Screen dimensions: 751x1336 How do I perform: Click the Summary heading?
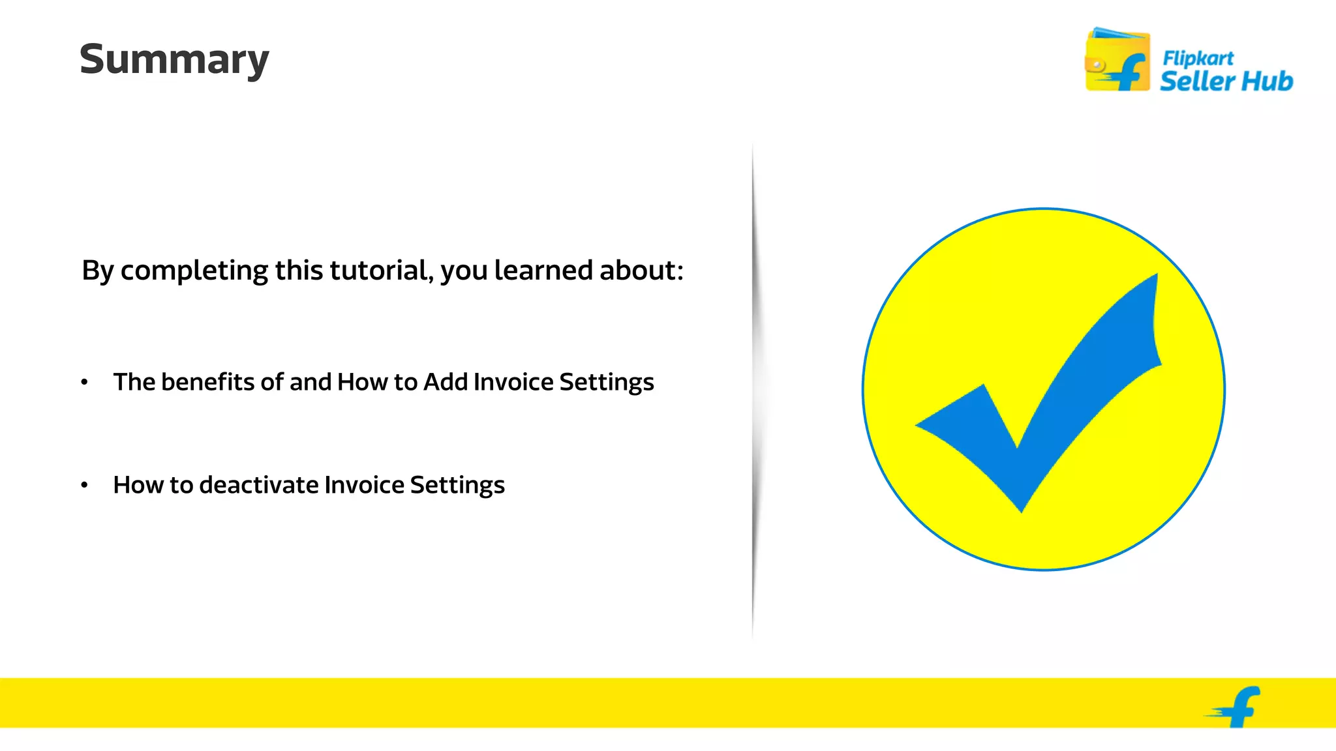point(174,60)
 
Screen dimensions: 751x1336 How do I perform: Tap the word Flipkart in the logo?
point(1198,59)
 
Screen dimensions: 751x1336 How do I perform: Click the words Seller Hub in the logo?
point(1226,81)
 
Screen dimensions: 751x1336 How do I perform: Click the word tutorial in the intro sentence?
point(380,270)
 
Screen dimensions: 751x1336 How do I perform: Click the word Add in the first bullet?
point(446,382)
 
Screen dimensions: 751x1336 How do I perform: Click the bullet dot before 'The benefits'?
point(84,382)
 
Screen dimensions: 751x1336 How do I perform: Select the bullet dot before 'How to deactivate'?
point(84,485)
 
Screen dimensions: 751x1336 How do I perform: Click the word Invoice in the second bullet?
point(364,485)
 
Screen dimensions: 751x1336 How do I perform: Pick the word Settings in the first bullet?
point(606,382)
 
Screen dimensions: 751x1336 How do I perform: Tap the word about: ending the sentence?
point(641,270)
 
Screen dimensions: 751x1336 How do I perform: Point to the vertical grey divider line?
point(753,391)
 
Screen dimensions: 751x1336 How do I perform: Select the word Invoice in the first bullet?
point(513,382)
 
